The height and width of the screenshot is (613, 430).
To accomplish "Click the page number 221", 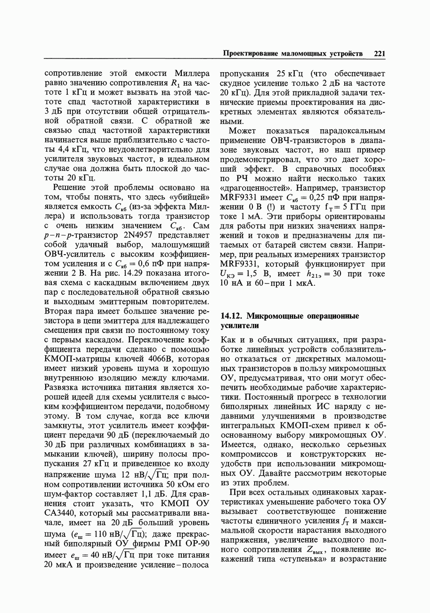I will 380,54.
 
